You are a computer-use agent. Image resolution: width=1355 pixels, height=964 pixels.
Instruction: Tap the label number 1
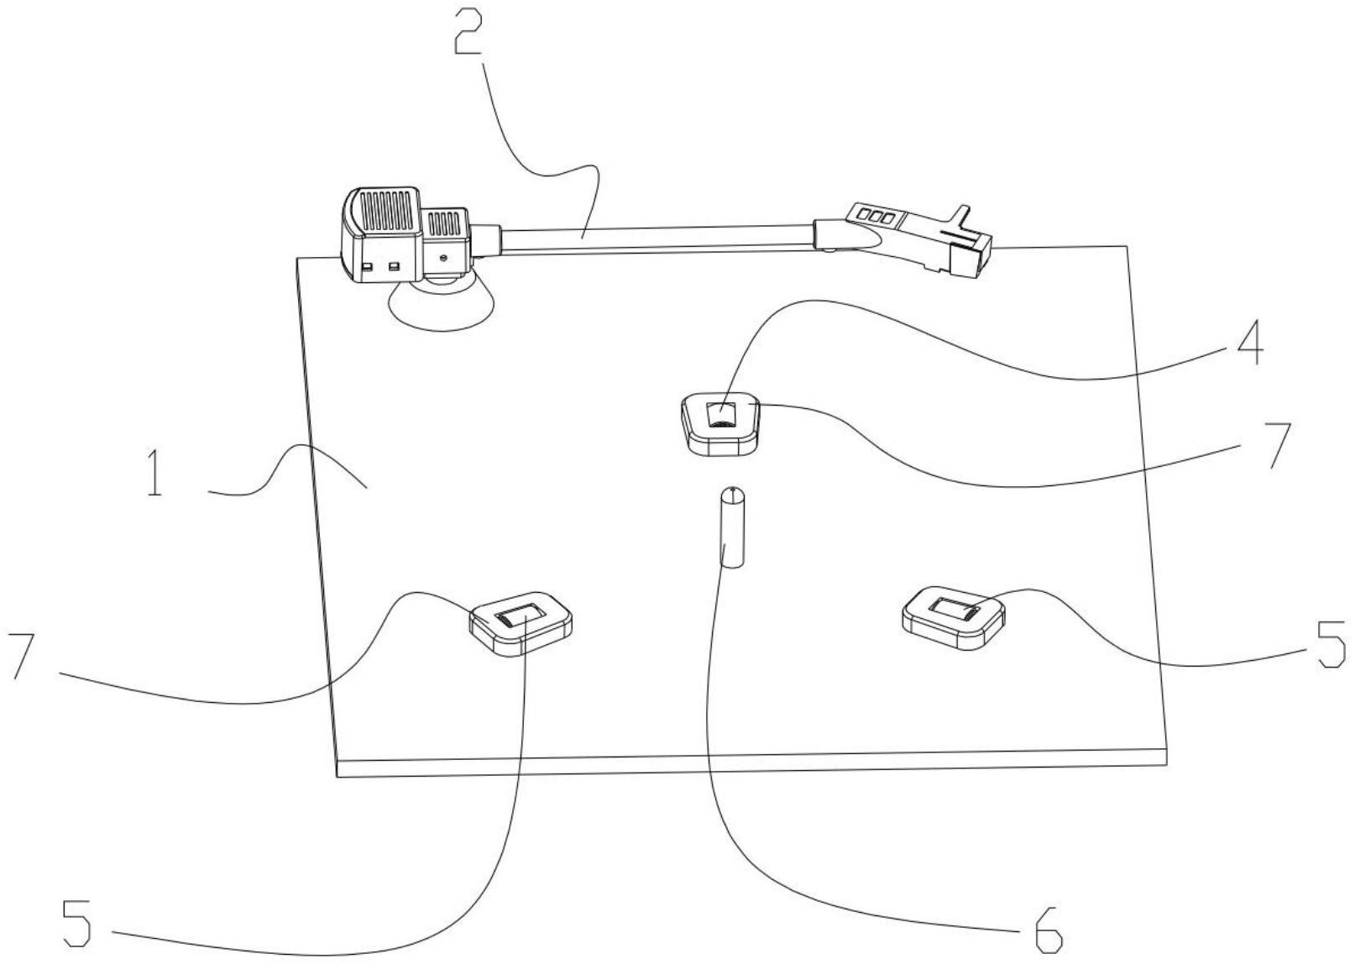tap(155, 472)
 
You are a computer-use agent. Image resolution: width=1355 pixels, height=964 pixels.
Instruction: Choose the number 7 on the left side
tap(24, 655)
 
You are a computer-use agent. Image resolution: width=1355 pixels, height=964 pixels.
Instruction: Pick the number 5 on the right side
tap(1331, 644)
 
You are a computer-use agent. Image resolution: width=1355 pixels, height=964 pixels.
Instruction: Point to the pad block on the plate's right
tap(953, 616)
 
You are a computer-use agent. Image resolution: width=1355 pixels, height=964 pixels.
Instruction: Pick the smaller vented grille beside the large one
tap(445, 223)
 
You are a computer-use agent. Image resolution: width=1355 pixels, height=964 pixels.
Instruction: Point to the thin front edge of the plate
tap(751, 767)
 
